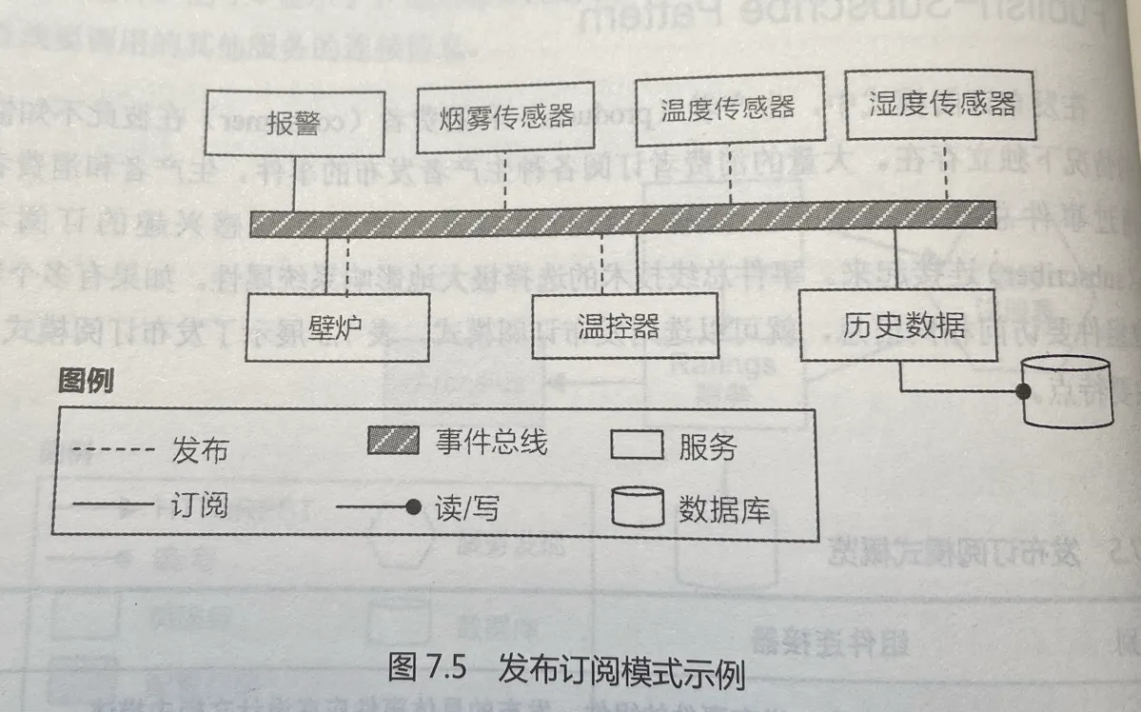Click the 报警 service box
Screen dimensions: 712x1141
coord(293,124)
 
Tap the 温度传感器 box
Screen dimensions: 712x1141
coord(729,108)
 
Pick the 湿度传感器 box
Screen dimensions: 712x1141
coord(943,102)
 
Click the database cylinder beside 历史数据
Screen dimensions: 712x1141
coord(1066,390)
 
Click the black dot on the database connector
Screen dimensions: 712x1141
coord(1025,391)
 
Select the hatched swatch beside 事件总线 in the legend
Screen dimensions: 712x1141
coord(393,441)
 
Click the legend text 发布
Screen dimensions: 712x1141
coord(200,449)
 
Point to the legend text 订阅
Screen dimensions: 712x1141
coord(200,504)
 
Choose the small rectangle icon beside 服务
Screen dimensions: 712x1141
coord(636,445)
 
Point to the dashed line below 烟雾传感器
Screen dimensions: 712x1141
coord(504,181)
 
